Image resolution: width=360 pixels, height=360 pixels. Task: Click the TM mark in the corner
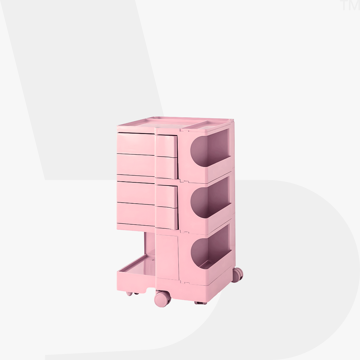pyautogui.click(x=350, y=6)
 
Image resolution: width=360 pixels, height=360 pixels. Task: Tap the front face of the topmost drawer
pyautogui.click(x=147, y=144)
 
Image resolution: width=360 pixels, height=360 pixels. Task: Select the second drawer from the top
pyautogui.click(x=147, y=166)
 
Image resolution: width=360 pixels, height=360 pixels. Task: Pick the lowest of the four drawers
pyautogui.click(x=147, y=216)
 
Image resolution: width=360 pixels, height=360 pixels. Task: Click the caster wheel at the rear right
pyautogui.click(x=237, y=275)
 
